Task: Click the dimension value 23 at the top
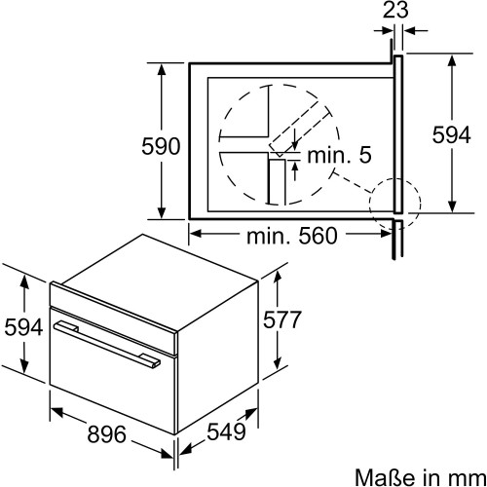(x=395, y=11)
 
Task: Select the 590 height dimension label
(x=161, y=146)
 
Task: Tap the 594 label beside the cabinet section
(x=451, y=134)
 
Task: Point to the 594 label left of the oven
(x=23, y=326)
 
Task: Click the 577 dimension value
(x=282, y=319)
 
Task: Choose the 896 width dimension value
(x=106, y=434)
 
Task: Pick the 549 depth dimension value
(x=226, y=431)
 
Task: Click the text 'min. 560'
(x=292, y=236)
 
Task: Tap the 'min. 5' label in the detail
(x=339, y=155)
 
